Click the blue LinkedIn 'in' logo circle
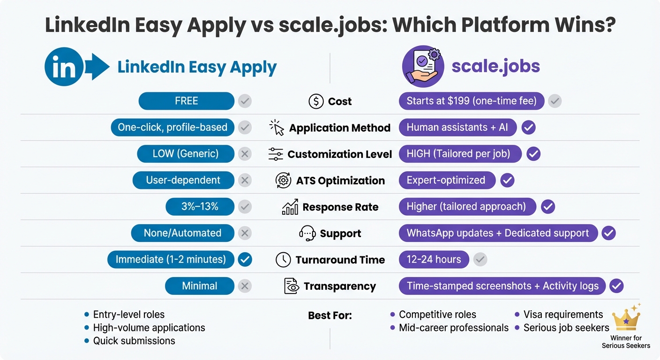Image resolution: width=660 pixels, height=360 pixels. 64,67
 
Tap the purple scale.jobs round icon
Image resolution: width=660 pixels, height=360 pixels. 423,67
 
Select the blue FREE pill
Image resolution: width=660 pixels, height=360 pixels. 186,101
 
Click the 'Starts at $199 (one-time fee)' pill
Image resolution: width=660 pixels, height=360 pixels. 471,101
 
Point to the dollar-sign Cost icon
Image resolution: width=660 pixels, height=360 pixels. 316,101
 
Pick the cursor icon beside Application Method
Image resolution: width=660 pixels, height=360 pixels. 277,127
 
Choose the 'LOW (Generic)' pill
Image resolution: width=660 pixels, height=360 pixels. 185,154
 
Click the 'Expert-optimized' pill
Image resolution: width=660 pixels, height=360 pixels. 447,180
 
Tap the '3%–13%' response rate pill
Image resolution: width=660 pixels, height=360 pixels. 200,207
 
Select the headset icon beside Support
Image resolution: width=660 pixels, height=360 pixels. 307,233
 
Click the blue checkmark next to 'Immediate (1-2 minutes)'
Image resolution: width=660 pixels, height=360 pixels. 245,259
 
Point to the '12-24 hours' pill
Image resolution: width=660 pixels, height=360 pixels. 434,260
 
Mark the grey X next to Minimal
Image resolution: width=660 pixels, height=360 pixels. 245,286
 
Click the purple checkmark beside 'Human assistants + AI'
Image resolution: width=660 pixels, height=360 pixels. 529,127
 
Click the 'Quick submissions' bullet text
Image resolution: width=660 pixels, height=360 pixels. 134,341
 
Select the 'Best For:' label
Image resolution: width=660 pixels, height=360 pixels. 330,315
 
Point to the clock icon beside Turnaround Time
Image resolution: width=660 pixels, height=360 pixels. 283,260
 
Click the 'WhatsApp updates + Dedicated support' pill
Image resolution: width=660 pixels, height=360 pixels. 498,233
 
